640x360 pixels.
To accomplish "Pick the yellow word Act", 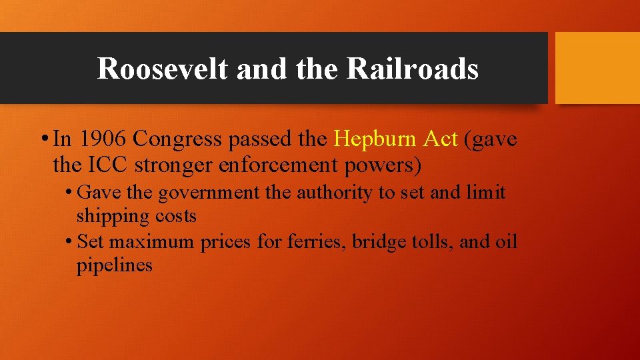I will pyautogui.click(x=441, y=139).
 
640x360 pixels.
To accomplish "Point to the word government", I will pyautogui.click(x=209, y=193).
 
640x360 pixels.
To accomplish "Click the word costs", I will pyautogui.click(x=176, y=216).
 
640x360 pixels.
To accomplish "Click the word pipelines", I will pyautogui.click(x=114, y=266).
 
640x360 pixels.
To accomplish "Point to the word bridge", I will pyautogui.click(x=376, y=241).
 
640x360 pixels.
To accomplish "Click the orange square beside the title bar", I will pyautogui.click(x=597, y=68).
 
